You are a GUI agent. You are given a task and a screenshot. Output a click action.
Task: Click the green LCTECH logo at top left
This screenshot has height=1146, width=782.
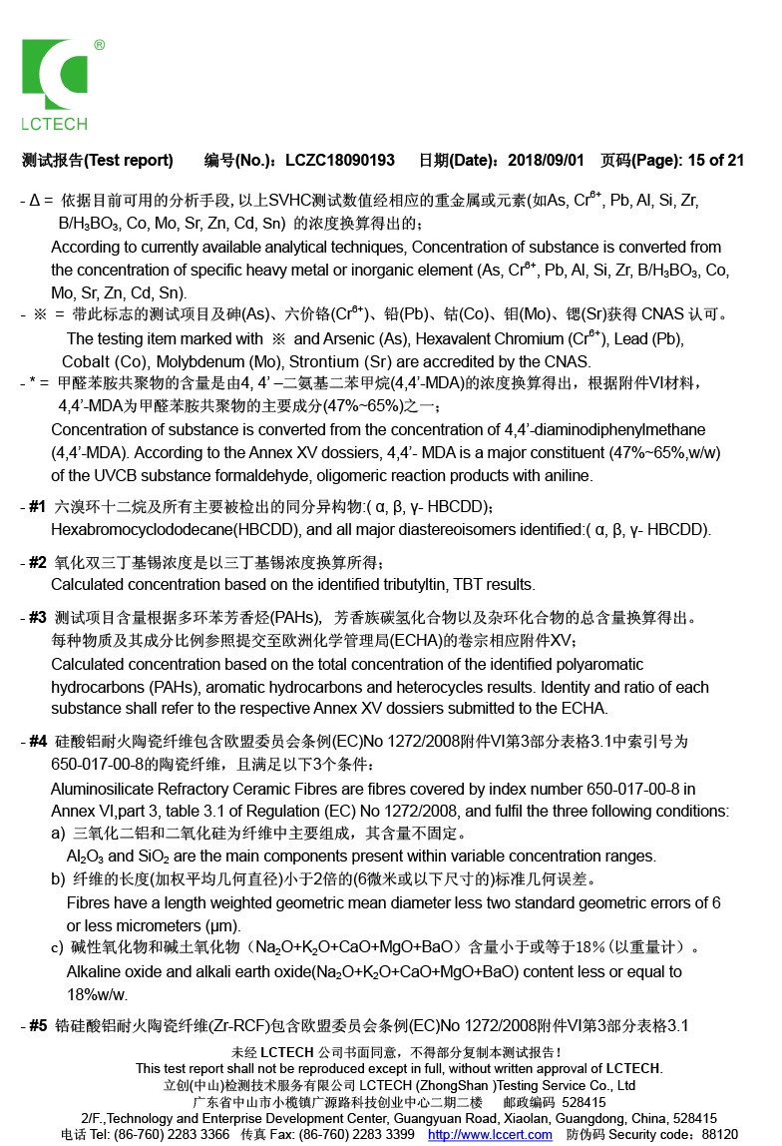[56, 84]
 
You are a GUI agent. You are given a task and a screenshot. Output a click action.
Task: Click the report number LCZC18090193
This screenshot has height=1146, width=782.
[339, 160]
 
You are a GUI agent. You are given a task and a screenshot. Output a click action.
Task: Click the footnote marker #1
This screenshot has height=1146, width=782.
[37, 506]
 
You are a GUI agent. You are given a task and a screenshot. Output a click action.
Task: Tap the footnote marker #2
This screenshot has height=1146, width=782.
[37, 562]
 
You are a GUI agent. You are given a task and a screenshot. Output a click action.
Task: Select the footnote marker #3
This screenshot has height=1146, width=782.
[37, 616]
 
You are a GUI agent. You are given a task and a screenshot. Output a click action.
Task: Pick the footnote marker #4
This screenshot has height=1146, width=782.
[37, 741]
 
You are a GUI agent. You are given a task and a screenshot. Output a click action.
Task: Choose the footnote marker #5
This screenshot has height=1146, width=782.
[37, 1025]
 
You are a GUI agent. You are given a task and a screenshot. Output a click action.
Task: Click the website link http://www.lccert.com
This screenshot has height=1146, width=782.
[490, 1134]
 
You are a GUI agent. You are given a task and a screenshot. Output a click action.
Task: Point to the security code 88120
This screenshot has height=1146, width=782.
[720, 1134]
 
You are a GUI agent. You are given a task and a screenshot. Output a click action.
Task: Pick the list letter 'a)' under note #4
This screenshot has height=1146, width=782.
[58, 833]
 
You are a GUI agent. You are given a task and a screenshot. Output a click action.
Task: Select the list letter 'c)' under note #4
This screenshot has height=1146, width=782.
[58, 946]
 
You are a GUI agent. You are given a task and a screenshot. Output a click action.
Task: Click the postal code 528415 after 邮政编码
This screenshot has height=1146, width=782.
[584, 1102]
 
